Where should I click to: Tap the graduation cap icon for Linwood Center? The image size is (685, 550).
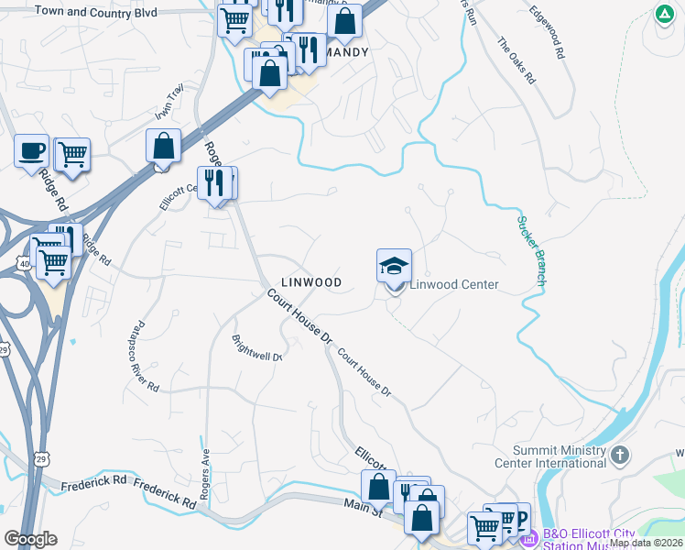[x=394, y=267]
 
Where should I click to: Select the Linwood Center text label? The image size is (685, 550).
[x=453, y=284]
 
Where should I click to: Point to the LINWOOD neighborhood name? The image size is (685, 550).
[x=311, y=282]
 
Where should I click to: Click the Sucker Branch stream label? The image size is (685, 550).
[x=530, y=250]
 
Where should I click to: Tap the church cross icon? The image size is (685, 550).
[x=620, y=455]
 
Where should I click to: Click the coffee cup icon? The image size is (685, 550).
[x=31, y=149]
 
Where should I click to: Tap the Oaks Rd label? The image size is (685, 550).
[x=516, y=60]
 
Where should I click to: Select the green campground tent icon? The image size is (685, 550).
[x=663, y=15]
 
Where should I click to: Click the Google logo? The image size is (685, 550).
[x=30, y=539]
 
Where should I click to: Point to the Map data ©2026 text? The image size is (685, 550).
[x=646, y=543]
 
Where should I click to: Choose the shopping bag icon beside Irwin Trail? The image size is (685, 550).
[x=163, y=146]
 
